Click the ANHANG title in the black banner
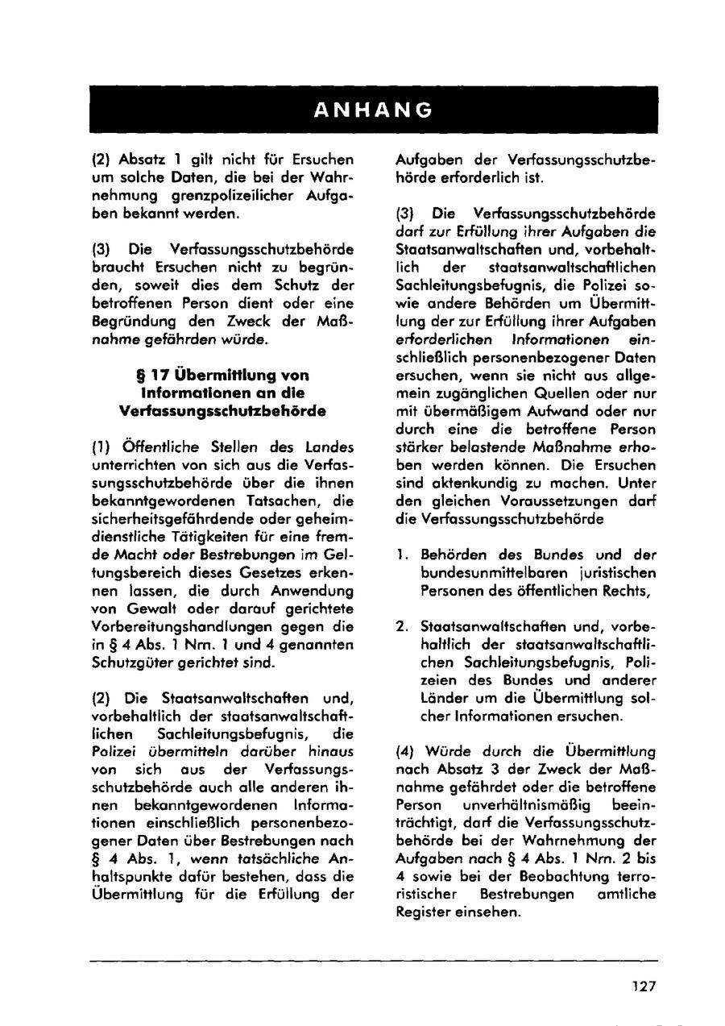coord(373,110)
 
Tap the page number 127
coord(644,986)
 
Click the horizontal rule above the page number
coord(373,960)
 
